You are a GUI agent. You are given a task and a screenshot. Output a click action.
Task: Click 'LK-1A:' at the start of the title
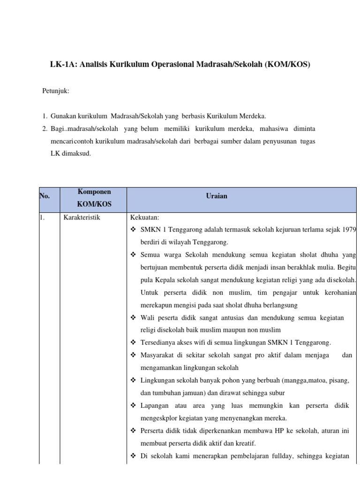[63, 65]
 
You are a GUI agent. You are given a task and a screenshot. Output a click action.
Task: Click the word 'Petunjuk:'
[56, 91]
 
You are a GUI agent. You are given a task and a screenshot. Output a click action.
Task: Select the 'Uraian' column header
[217, 196]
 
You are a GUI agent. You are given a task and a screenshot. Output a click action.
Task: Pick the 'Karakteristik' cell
[82, 217]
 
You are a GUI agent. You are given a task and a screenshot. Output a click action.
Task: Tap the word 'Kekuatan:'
[145, 217]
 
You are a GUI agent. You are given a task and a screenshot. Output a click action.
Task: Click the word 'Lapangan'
[154, 405]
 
